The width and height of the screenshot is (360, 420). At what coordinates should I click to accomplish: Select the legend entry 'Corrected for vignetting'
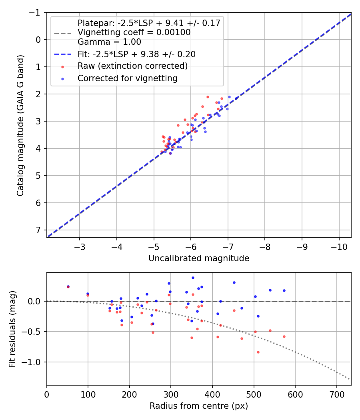[128, 78]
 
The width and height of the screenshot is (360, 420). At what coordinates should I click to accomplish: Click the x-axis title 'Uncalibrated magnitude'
[199, 258]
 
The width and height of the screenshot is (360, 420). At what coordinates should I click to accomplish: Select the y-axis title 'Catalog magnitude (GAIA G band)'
[20, 125]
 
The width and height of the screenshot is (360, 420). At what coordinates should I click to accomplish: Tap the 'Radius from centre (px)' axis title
[199, 406]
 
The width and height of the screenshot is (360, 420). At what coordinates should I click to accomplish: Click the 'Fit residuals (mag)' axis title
[12, 329]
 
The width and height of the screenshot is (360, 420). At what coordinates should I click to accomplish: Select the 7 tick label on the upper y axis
[38, 230]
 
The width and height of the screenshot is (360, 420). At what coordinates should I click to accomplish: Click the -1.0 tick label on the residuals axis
[32, 362]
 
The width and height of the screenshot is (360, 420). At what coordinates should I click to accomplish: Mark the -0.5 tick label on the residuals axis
[32, 332]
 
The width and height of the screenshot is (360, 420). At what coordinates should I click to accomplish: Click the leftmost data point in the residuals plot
[68, 286]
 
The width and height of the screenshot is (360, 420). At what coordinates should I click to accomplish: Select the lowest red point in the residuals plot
[258, 352]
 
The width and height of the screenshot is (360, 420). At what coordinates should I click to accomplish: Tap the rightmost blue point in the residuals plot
[284, 290]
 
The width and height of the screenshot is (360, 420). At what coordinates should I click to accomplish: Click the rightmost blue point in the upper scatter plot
[229, 97]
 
